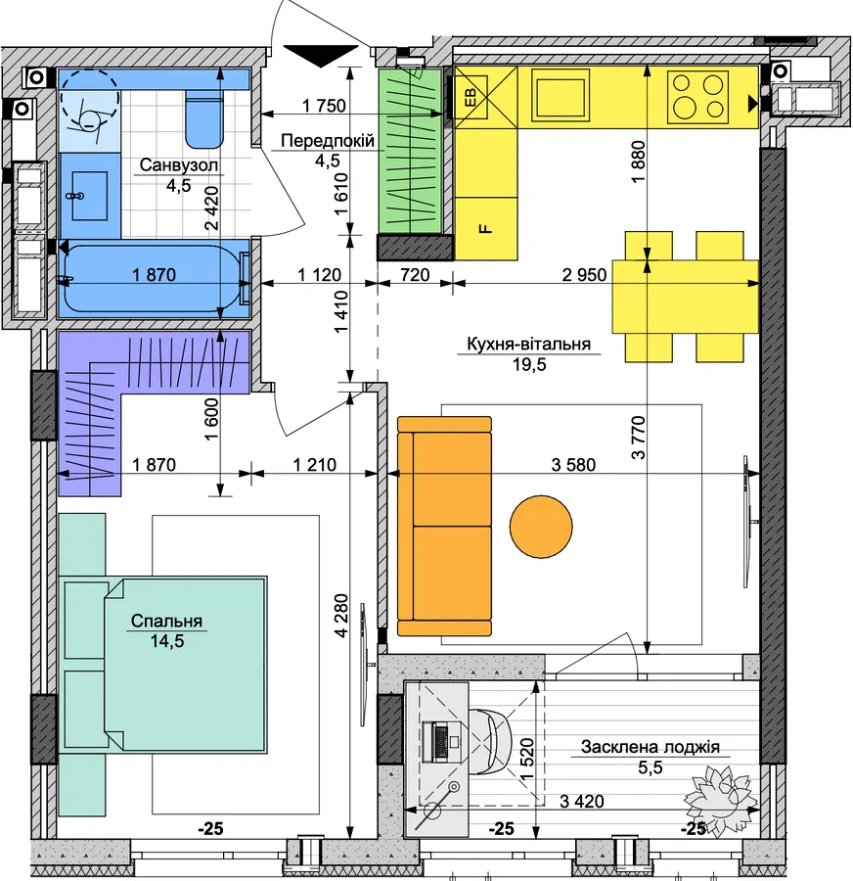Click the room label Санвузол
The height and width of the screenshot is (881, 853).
tap(179, 165)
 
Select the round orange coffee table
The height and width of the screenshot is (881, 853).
tap(541, 527)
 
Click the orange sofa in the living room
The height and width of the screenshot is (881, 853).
tap(444, 526)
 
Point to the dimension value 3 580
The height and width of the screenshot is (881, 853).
tap(573, 465)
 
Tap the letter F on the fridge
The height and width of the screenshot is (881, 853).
tap(486, 228)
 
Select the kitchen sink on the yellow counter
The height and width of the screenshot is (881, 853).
tap(561, 95)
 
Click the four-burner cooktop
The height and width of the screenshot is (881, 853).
tap(698, 96)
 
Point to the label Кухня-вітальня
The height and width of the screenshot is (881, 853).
tap(529, 344)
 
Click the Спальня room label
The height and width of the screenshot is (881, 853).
tap(166, 621)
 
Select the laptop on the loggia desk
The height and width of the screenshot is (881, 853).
tap(441, 742)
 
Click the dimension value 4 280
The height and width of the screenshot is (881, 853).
tap(340, 616)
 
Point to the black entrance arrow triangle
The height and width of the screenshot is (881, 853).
tap(321, 56)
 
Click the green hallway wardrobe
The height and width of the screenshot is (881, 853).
tap(410, 151)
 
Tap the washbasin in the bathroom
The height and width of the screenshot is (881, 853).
tap(90, 196)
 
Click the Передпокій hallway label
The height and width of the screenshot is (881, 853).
tap(328, 140)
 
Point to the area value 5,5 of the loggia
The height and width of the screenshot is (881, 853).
tap(651, 766)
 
